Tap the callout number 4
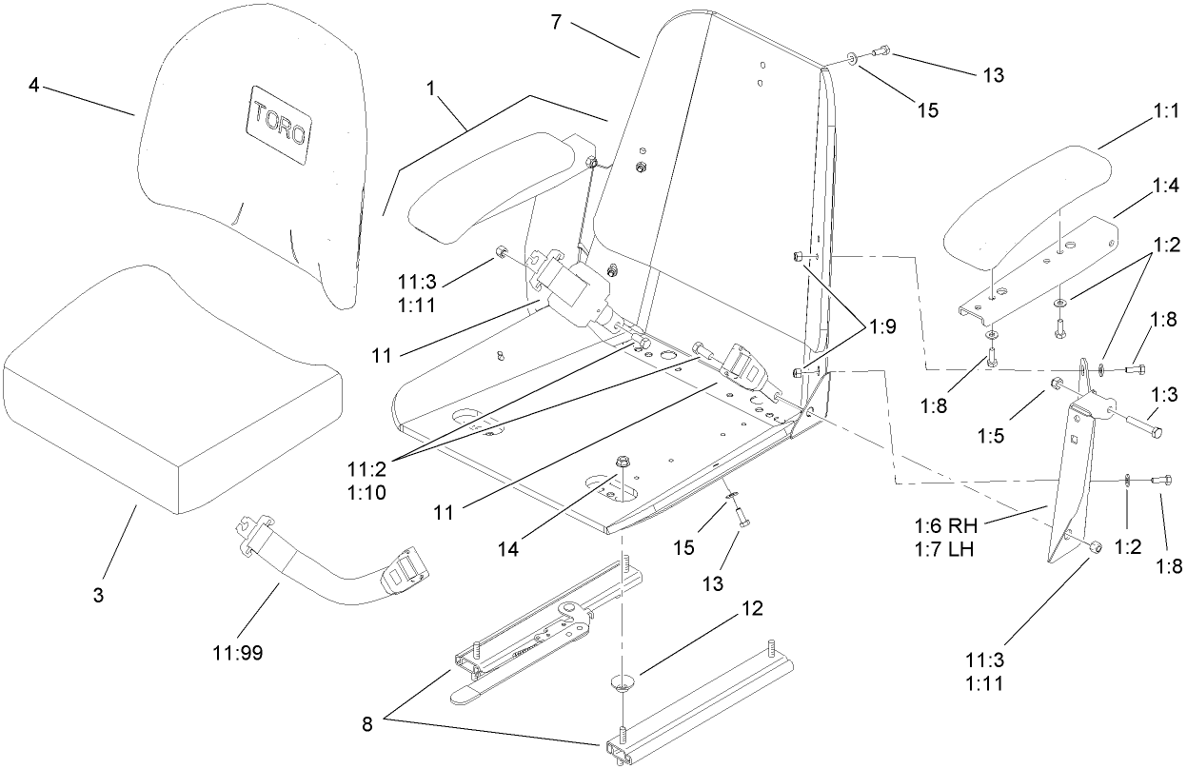tap(33, 86)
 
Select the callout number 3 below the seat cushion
tap(98, 595)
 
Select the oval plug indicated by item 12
tap(622, 682)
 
